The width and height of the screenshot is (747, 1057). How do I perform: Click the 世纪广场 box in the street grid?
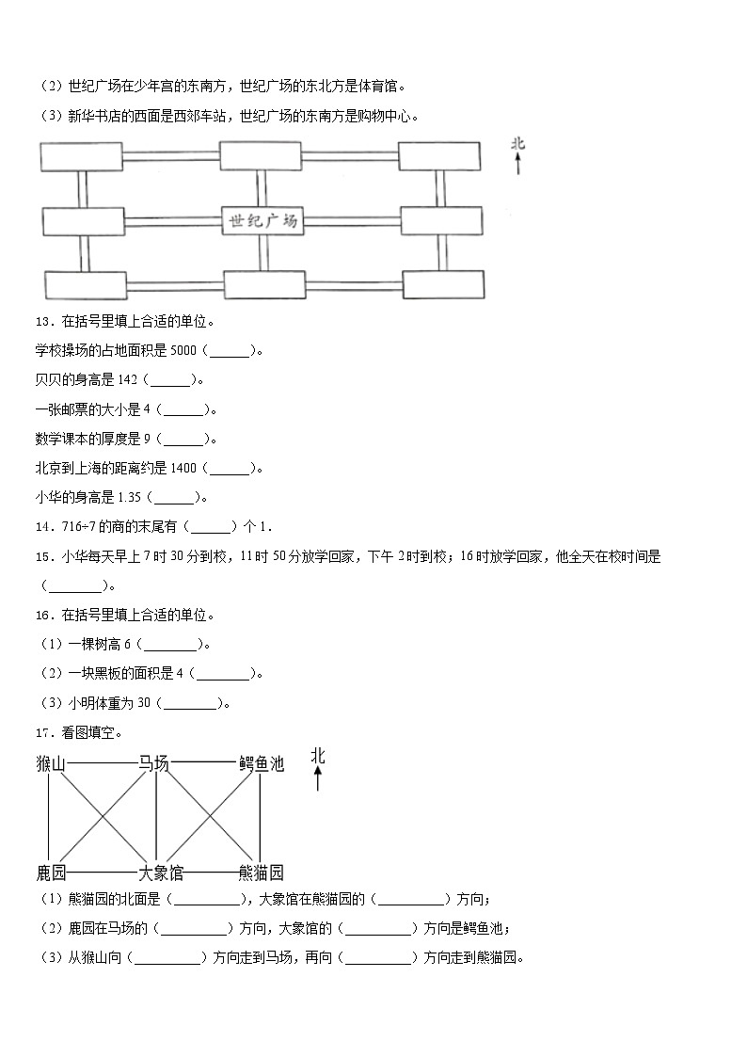coord(262,221)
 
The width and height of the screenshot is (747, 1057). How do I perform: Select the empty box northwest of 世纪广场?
coord(81,157)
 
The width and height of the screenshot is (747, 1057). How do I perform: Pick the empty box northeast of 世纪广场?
coord(439,156)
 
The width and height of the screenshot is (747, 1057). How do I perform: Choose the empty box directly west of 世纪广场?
coord(83,221)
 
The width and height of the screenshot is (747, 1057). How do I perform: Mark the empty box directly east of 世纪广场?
coord(441,220)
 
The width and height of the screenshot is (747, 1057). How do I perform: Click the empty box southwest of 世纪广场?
coord(86,284)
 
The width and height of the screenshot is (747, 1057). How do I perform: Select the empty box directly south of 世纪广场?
coord(264,283)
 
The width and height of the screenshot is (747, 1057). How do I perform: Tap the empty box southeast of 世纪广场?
coord(443,283)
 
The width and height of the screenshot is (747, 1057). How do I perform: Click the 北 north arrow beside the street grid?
coord(517,155)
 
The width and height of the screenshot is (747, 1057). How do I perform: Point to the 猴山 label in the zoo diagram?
coord(51,763)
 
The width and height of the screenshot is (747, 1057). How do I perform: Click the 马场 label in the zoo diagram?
coord(153,763)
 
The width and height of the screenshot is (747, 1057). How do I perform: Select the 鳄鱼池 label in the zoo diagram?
coord(261,763)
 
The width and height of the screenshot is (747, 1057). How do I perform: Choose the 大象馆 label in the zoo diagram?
coord(161,873)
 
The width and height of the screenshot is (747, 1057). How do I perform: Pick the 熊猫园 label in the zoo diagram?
coord(261,873)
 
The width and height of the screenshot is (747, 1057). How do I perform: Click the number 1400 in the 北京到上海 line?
coord(183,468)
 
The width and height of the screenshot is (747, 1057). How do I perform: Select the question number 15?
coord(42,556)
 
